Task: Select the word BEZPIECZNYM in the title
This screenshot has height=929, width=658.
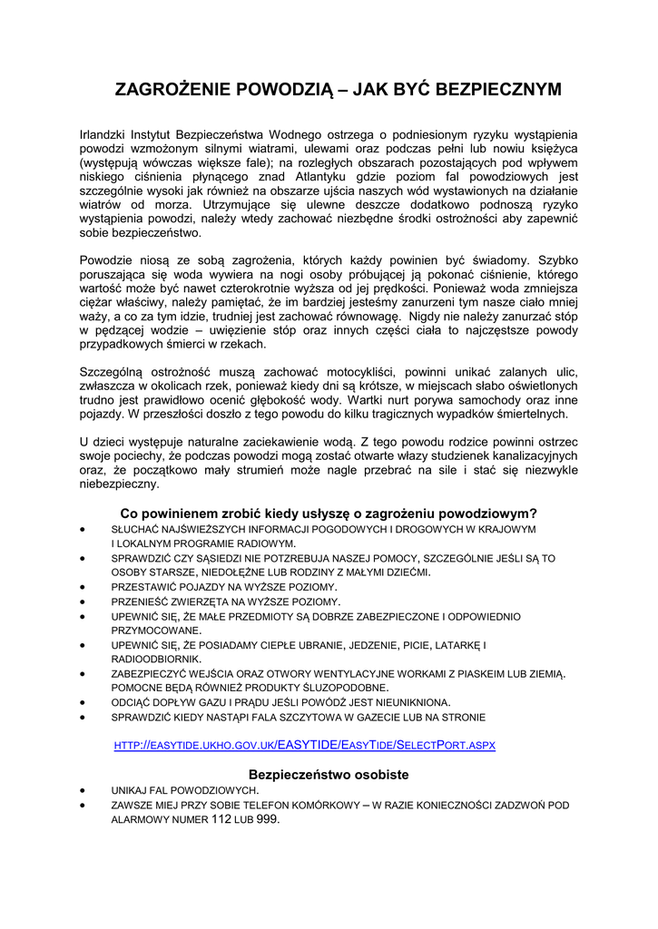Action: point(498,90)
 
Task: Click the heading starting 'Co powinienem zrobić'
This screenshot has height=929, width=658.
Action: point(329,513)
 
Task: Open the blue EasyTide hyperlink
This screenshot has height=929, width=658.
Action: point(304,745)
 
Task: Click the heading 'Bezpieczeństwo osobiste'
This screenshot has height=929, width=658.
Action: point(329,775)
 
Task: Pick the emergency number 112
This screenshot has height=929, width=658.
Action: point(222,819)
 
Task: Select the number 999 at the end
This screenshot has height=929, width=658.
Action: point(268,819)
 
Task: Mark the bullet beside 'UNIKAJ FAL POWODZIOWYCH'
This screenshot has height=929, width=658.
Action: point(84,790)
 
